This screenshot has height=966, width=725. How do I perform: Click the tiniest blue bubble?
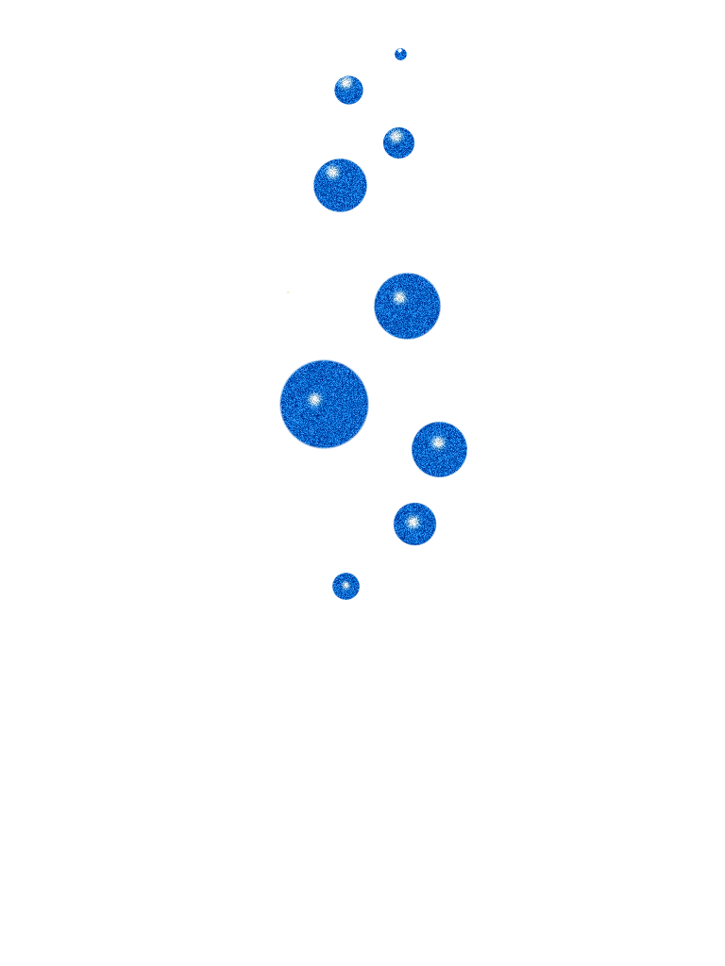[x=400, y=54]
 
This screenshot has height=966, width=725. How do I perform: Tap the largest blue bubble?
[x=324, y=404]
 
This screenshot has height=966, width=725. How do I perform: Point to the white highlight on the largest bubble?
[x=314, y=399]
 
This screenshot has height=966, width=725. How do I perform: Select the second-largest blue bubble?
[x=407, y=306]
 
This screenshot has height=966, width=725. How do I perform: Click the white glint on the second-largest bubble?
[x=399, y=298]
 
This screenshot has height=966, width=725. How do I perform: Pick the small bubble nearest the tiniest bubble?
[x=348, y=89]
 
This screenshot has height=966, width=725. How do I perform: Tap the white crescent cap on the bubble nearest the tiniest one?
[x=346, y=75]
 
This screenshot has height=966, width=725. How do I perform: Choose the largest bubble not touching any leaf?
[x=340, y=185]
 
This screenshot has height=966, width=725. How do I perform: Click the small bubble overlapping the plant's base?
[x=346, y=586]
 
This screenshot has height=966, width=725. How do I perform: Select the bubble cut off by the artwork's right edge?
[x=439, y=449]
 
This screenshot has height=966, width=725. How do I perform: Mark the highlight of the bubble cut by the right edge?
[x=437, y=441]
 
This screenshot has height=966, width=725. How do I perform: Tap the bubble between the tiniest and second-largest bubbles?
[x=398, y=142]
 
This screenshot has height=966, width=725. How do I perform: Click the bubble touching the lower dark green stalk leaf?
[x=414, y=524]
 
